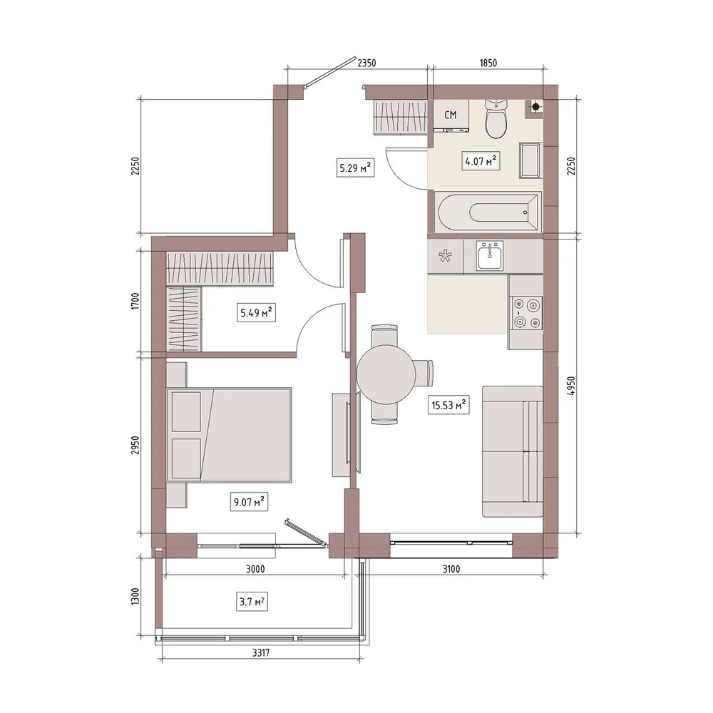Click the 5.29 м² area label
pyautogui.click(x=355, y=168)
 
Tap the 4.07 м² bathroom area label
pyautogui.click(x=481, y=160)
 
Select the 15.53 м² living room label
pyautogui.click(x=448, y=405)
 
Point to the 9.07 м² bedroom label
pyautogui.click(x=249, y=502)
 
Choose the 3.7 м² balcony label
pyautogui.click(x=252, y=602)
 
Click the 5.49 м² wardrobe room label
pyautogui.click(x=256, y=312)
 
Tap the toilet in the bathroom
pyautogui.click(x=496, y=119)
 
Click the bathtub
pyautogui.click(x=488, y=212)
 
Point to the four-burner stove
pyautogui.click(x=527, y=313)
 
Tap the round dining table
pyautogui.click(x=386, y=374)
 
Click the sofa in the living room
pyautogui.click(x=513, y=451)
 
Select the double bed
pyautogui.click(x=229, y=434)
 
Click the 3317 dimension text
pyautogui.click(x=261, y=653)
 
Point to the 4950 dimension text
pyautogui.click(x=571, y=386)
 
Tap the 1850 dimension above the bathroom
pyautogui.click(x=488, y=63)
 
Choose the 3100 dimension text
pyautogui.click(x=451, y=569)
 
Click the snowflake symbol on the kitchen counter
pyautogui.click(x=445, y=257)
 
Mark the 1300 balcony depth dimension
pyautogui.click(x=135, y=596)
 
